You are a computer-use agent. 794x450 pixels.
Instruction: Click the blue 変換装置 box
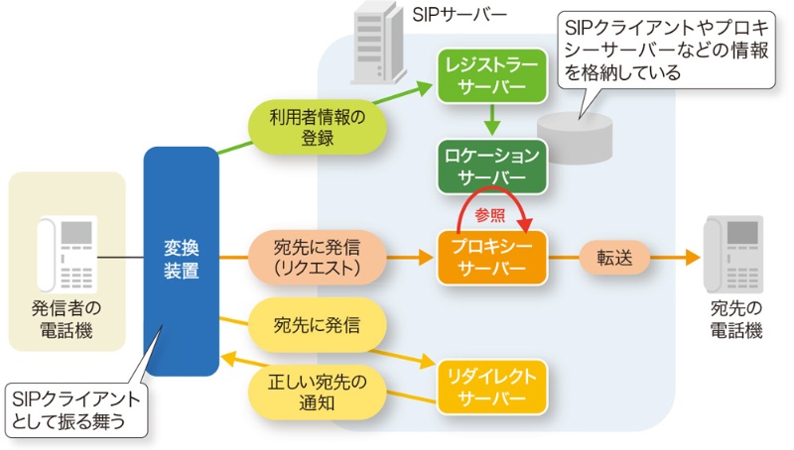point(181,261)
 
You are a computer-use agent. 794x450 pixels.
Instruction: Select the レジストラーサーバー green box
point(493,76)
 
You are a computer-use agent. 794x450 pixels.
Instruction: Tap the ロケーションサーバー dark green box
point(493,166)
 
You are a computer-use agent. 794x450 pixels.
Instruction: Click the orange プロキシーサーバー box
point(493,258)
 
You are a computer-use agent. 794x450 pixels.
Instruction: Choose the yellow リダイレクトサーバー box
point(493,387)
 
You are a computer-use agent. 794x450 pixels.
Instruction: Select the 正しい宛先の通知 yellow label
point(317,393)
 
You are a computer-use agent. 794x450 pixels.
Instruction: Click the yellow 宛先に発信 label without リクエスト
point(317,324)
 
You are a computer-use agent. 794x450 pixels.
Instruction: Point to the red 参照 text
point(489,213)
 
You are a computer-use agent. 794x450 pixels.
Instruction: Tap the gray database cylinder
point(575,138)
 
